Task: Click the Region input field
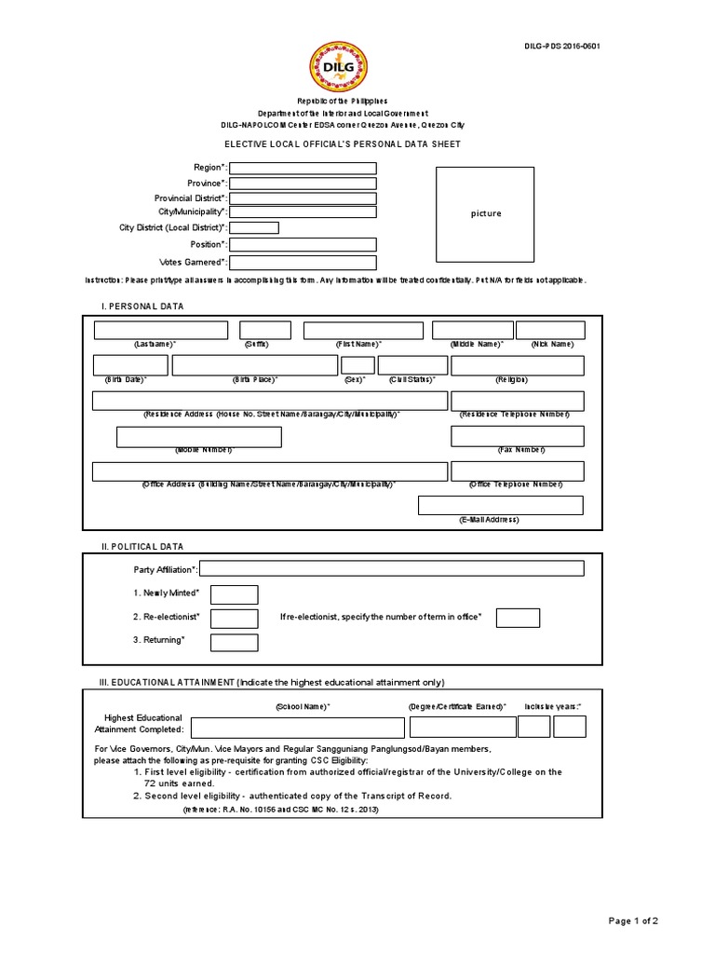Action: click(x=303, y=168)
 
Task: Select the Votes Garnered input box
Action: click(x=303, y=263)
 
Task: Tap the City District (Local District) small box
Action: click(x=253, y=227)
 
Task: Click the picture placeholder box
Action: click(x=485, y=213)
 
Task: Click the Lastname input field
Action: click(x=160, y=330)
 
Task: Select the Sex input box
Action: click(x=357, y=365)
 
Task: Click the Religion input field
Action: click(x=517, y=365)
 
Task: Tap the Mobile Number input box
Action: click(x=198, y=437)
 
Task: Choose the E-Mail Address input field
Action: click(x=500, y=505)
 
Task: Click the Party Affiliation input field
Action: click(x=392, y=568)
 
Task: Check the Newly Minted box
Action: click(x=234, y=594)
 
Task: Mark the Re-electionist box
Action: click(x=234, y=618)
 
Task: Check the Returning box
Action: click(x=234, y=642)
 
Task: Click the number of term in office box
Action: click(x=518, y=618)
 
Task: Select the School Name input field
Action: click(x=298, y=728)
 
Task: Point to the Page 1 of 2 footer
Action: click(x=632, y=921)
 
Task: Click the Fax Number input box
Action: click(x=517, y=437)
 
